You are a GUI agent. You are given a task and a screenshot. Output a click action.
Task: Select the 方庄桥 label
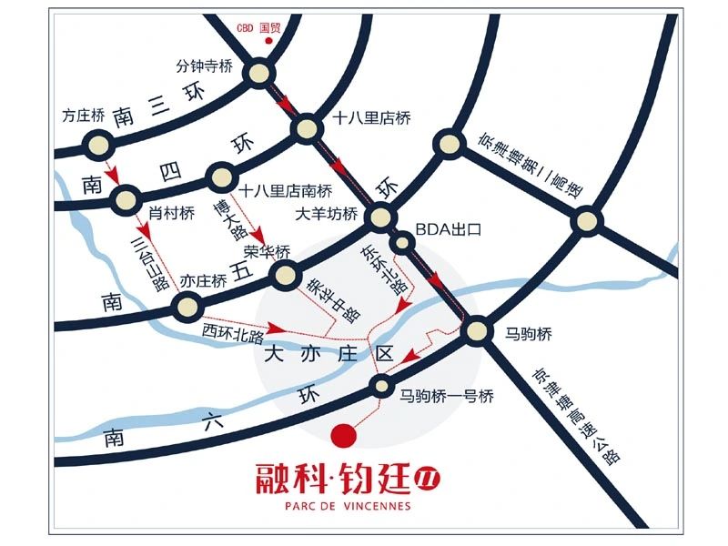(79, 116)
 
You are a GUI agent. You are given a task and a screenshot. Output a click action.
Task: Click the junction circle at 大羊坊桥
(379, 217)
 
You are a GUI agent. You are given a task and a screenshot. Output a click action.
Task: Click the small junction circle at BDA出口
(401, 243)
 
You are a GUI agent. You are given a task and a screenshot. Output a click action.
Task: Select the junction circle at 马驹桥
(475, 332)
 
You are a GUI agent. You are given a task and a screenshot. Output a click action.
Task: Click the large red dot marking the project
(342, 436)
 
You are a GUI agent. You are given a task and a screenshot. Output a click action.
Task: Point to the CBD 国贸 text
(258, 28)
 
